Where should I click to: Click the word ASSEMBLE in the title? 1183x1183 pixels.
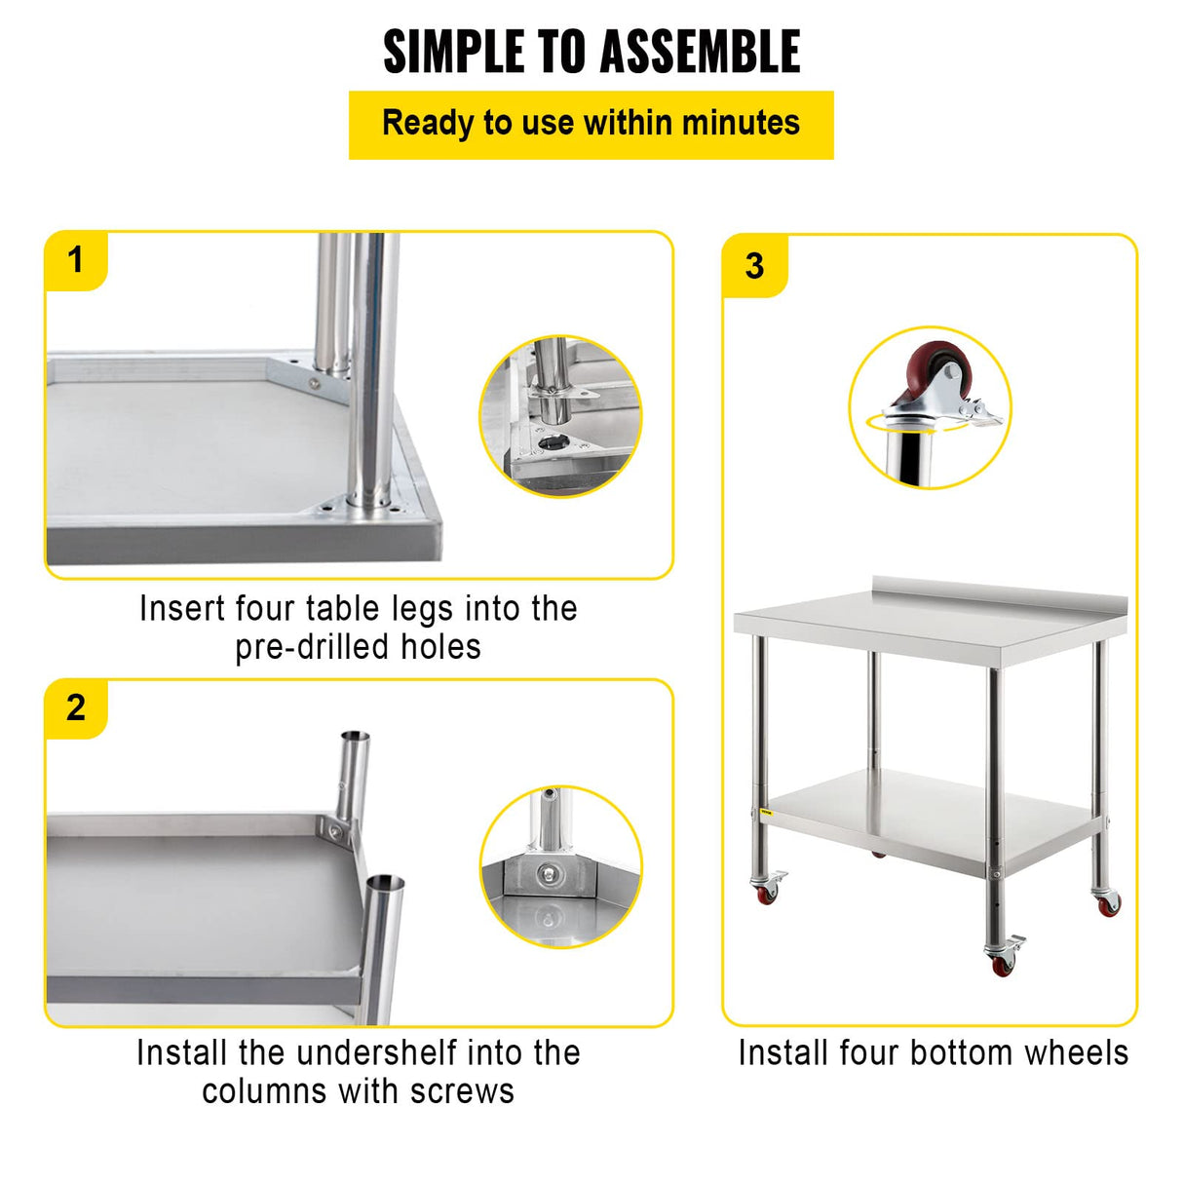[x=699, y=52]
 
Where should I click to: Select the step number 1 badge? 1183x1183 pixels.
[x=75, y=261]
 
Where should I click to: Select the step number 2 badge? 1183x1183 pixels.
[x=75, y=708]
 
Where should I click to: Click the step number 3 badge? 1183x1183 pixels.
[x=754, y=266]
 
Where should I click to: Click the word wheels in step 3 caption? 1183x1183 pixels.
[x=1082, y=1053]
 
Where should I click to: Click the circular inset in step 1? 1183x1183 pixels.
[x=560, y=416]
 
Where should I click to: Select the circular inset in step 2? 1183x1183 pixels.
[x=560, y=866]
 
